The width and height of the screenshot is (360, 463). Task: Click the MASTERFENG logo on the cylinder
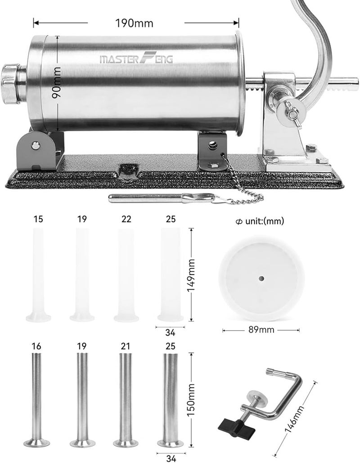pos(136,58)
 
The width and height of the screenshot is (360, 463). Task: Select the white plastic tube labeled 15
pos(38,274)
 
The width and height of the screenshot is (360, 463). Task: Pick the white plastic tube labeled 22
pos(126,274)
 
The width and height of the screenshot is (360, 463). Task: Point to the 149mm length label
pos(191,274)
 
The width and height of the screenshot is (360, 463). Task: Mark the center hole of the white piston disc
pos(261,279)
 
